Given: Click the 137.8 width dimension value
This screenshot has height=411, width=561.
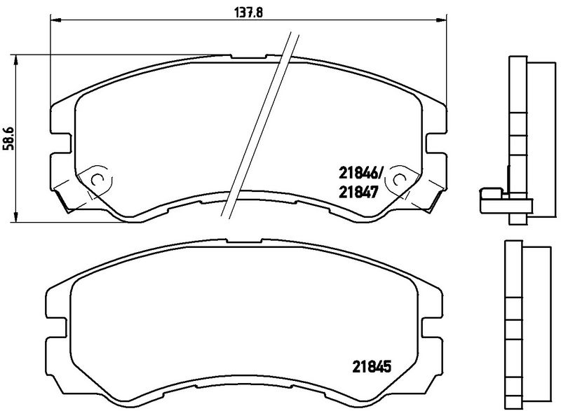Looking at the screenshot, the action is [249, 13].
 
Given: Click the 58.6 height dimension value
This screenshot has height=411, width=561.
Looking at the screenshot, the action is [8, 138].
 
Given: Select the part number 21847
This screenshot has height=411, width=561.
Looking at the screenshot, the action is [358, 193].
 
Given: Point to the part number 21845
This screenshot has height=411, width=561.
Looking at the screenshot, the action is [372, 366].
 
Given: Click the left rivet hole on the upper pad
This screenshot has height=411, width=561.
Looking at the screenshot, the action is [97, 180].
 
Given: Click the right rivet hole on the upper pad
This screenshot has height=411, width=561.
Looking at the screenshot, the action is [399, 180].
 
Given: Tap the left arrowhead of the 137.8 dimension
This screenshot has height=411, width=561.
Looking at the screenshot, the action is [56, 20].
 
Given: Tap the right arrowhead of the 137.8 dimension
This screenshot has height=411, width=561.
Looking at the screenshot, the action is [441, 20].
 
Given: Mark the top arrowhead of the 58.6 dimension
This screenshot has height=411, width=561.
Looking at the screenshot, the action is [15, 61].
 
